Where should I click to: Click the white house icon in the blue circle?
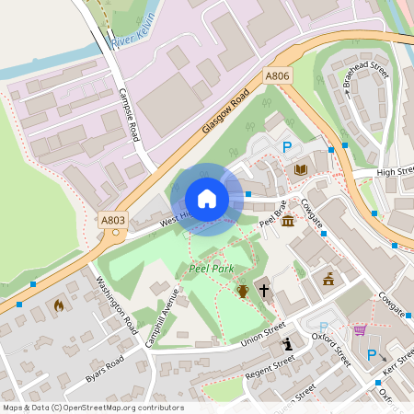pos(206,199)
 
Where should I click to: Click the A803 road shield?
pos(113,220)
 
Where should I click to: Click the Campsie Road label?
pos(129,114)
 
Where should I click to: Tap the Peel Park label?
pos(212,269)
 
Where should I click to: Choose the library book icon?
pos(300,169)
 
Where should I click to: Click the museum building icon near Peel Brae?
pos(289,222)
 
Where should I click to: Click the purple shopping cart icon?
pos(360,329)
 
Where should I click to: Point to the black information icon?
pos(288,344)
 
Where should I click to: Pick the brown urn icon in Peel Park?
pos(243,291)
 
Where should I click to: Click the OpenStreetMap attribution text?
pos(92,408)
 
